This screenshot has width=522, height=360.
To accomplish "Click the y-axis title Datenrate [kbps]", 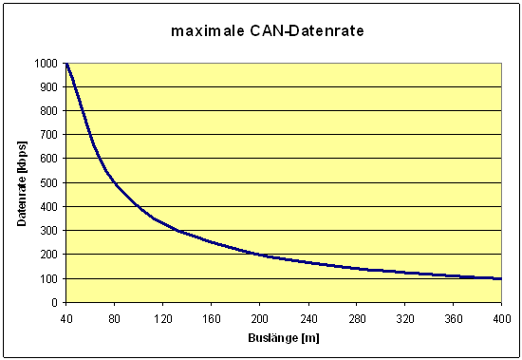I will [x=22, y=183].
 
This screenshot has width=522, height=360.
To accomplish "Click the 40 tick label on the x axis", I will [x=65, y=317].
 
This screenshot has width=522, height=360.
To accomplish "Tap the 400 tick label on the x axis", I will [x=501, y=317].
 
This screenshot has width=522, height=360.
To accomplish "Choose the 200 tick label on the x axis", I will [x=259, y=317].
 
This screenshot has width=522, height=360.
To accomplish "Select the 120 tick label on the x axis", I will [x=162, y=317].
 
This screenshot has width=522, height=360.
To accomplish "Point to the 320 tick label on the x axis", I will [x=404, y=317].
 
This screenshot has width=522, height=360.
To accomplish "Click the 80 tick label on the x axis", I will [x=114, y=317].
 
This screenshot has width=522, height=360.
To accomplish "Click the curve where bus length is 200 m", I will [x=259, y=255].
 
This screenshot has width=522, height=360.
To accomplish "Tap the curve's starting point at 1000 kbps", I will [x=66, y=64].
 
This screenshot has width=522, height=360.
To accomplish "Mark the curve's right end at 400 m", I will [x=500, y=278].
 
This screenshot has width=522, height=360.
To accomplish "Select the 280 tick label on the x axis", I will [x=356, y=317].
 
